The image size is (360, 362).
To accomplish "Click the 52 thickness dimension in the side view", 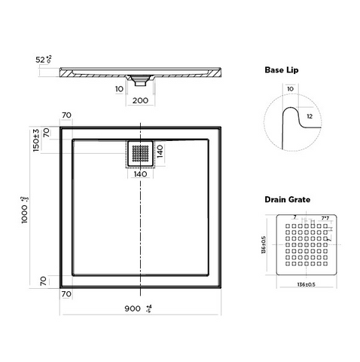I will coord(44,59).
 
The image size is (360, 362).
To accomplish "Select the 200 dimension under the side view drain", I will coord(141,99).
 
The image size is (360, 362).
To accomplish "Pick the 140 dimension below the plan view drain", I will coord(141,174).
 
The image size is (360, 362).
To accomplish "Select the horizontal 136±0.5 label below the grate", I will coord(301,284).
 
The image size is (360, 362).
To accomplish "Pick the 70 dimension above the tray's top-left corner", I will coord(67,115).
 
